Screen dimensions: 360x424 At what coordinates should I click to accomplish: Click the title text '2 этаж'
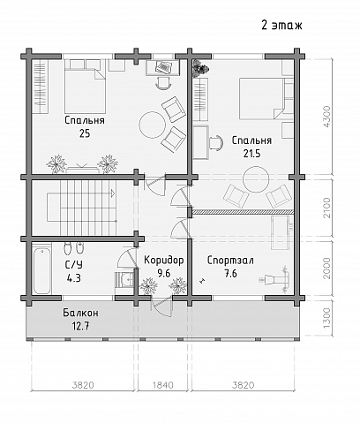click(281, 26)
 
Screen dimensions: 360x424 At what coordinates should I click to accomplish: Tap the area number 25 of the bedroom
click(85, 133)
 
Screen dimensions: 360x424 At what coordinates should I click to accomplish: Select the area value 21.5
click(251, 154)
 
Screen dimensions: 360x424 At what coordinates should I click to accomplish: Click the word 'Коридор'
click(164, 261)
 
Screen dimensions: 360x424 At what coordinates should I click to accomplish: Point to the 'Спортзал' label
click(230, 261)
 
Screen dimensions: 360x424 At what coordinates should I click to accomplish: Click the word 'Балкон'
click(80, 313)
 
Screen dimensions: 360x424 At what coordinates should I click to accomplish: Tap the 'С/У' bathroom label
click(74, 265)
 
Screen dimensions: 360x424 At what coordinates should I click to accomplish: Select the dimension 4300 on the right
click(326, 117)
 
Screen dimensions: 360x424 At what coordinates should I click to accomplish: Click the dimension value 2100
click(326, 208)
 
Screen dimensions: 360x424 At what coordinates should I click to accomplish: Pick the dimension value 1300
click(326, 319)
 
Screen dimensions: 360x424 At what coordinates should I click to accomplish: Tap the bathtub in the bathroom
click(41, 271)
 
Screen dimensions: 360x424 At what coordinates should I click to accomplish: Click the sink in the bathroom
click(126, 278)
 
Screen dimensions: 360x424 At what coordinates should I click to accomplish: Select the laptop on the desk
click(164, 67)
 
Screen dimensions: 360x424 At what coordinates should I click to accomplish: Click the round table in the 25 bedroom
click(153, 125)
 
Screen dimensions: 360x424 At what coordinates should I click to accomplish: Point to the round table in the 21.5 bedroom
click(256, 179)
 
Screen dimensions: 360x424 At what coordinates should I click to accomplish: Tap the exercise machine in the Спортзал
click(274, 278)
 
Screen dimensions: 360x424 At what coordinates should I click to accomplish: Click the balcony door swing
click(161, 307)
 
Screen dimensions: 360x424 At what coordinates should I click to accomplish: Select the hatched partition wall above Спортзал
click(244, 211)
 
